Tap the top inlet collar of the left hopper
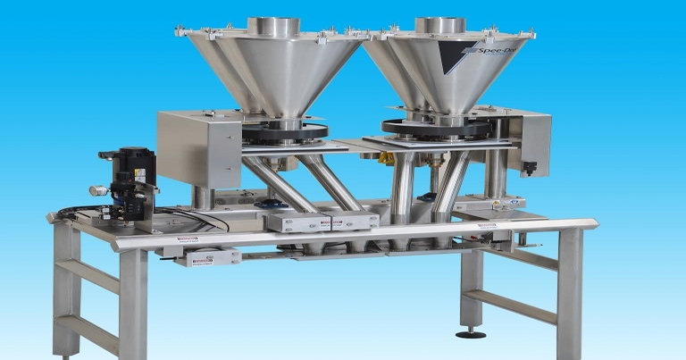(273, 26)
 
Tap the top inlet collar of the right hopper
(440, 26)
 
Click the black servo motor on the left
(133, 175)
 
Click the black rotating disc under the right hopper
(436, 127)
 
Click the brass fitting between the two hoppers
(387, 159)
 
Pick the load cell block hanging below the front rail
(208, 257)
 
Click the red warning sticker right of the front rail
(486, 226)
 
